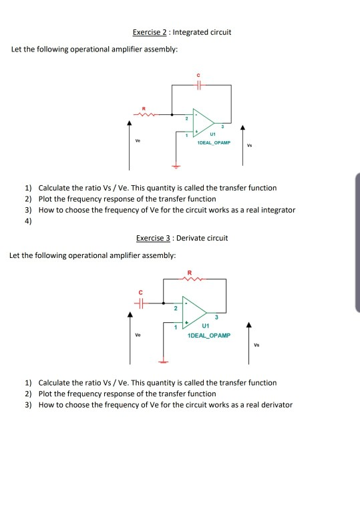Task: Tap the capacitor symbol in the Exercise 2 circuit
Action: click(198, 85)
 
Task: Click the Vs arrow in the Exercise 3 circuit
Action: click(248, 342)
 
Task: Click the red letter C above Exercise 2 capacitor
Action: click(198, 75)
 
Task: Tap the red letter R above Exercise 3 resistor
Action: click(190, 271)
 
